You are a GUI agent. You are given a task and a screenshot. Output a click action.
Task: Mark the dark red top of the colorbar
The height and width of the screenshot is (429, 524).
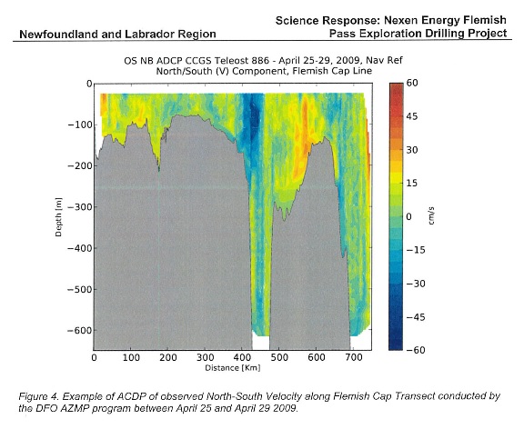(x=397, y=85)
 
